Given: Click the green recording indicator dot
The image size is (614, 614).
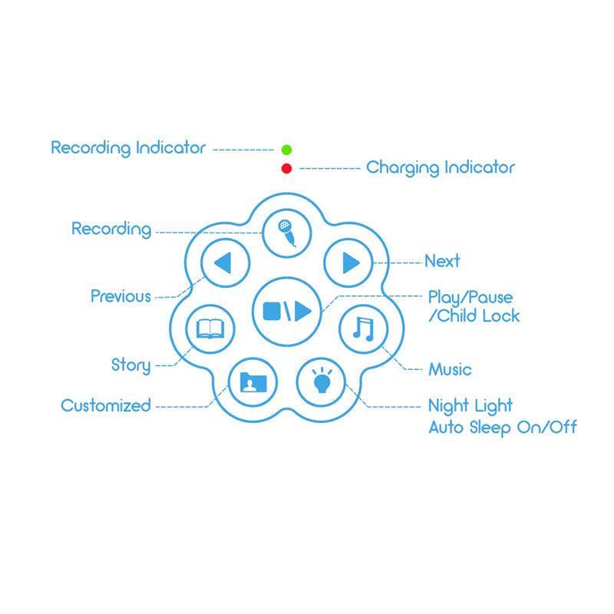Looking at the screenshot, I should point(287,149).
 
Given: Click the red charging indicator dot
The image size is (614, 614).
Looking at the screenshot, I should point(287,168).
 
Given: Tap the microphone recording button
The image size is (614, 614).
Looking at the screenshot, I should point(286,230).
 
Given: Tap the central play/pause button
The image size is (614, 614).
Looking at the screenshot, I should point(286,310).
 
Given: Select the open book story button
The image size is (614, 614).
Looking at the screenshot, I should point(210,329).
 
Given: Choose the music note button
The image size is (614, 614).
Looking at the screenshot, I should point(362,329).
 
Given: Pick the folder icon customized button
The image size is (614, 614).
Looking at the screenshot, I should point(252,381).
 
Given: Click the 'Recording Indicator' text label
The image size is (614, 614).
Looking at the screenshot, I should point(128,147).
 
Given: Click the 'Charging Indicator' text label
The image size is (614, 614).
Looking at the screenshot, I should point(441,167).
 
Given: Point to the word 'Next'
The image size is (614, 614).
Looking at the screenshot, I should point(442,262).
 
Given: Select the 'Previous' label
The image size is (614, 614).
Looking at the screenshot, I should point(120,296).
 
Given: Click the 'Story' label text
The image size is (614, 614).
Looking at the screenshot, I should point(130,365).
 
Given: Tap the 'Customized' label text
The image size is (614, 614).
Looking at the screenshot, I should point(106,406).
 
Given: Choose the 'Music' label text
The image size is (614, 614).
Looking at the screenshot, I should point(450,370).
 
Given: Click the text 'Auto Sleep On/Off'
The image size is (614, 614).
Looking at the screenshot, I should point(502,427).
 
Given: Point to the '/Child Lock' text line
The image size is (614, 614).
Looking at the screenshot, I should point(474,316).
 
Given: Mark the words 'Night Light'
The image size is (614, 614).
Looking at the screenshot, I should point(470,405).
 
